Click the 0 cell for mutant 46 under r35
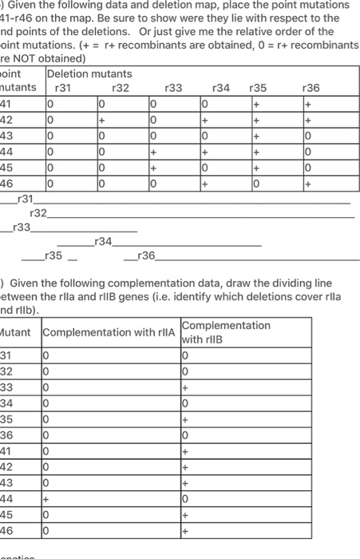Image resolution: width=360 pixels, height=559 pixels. coord(255,184)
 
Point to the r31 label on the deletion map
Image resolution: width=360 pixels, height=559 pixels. coord(26,199)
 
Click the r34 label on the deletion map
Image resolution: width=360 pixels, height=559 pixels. coord(104,241)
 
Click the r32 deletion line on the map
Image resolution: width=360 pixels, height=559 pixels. coord(200,216)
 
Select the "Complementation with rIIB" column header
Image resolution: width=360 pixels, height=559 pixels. coord(226,332)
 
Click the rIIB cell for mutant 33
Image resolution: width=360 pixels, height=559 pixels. coord(186,387)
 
